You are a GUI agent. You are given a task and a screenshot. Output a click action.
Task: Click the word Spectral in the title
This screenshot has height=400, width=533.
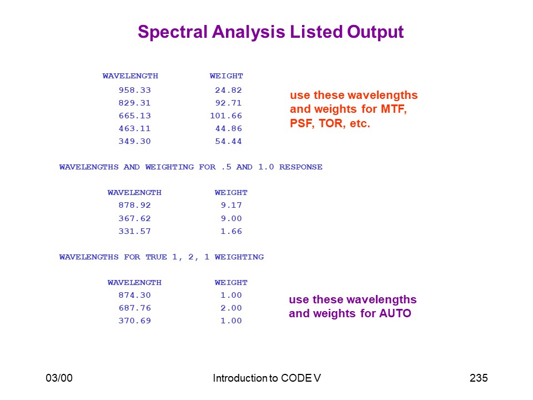[x=173, y=32]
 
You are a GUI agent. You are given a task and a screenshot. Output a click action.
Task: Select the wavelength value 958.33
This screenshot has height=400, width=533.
[x=134, y=90]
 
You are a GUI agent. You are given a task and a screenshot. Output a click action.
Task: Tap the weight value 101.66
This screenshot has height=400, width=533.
[x=226, y=116]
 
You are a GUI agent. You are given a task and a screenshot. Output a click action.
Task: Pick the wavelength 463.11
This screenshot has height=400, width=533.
[x=134, y=128]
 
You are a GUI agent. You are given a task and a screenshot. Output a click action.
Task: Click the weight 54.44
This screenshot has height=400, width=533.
[x=228, y=141]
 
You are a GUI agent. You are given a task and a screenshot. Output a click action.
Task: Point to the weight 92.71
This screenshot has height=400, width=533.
[x=228, y=103]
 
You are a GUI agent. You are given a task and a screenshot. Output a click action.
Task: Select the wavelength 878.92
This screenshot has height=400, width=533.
[x=134, y=205]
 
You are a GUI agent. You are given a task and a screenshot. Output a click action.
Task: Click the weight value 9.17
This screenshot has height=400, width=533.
[x=232, y=205]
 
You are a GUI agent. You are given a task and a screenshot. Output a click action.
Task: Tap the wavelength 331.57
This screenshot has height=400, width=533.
[x=134, y=231]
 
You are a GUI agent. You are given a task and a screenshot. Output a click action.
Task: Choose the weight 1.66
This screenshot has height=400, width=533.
[x=232, y=231]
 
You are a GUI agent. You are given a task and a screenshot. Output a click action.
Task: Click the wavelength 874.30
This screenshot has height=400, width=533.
[x=134, y=295]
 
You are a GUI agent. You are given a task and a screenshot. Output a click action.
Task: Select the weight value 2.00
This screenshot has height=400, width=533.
[x=232, y=308]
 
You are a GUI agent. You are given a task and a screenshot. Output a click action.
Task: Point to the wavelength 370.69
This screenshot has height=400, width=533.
[x=134, y=321]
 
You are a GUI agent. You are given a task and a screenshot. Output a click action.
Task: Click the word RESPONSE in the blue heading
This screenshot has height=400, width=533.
[x=301, y=167]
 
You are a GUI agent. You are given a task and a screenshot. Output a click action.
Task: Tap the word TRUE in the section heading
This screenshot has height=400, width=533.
[x=157, y=257]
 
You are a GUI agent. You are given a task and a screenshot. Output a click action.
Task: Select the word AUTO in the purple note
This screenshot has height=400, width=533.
[x=395, y=313]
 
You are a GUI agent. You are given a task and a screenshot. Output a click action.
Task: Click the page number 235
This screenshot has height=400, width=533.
[x=479, y=378]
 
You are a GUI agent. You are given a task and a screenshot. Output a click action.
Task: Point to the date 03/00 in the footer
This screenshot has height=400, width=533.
[x=59, y=378]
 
